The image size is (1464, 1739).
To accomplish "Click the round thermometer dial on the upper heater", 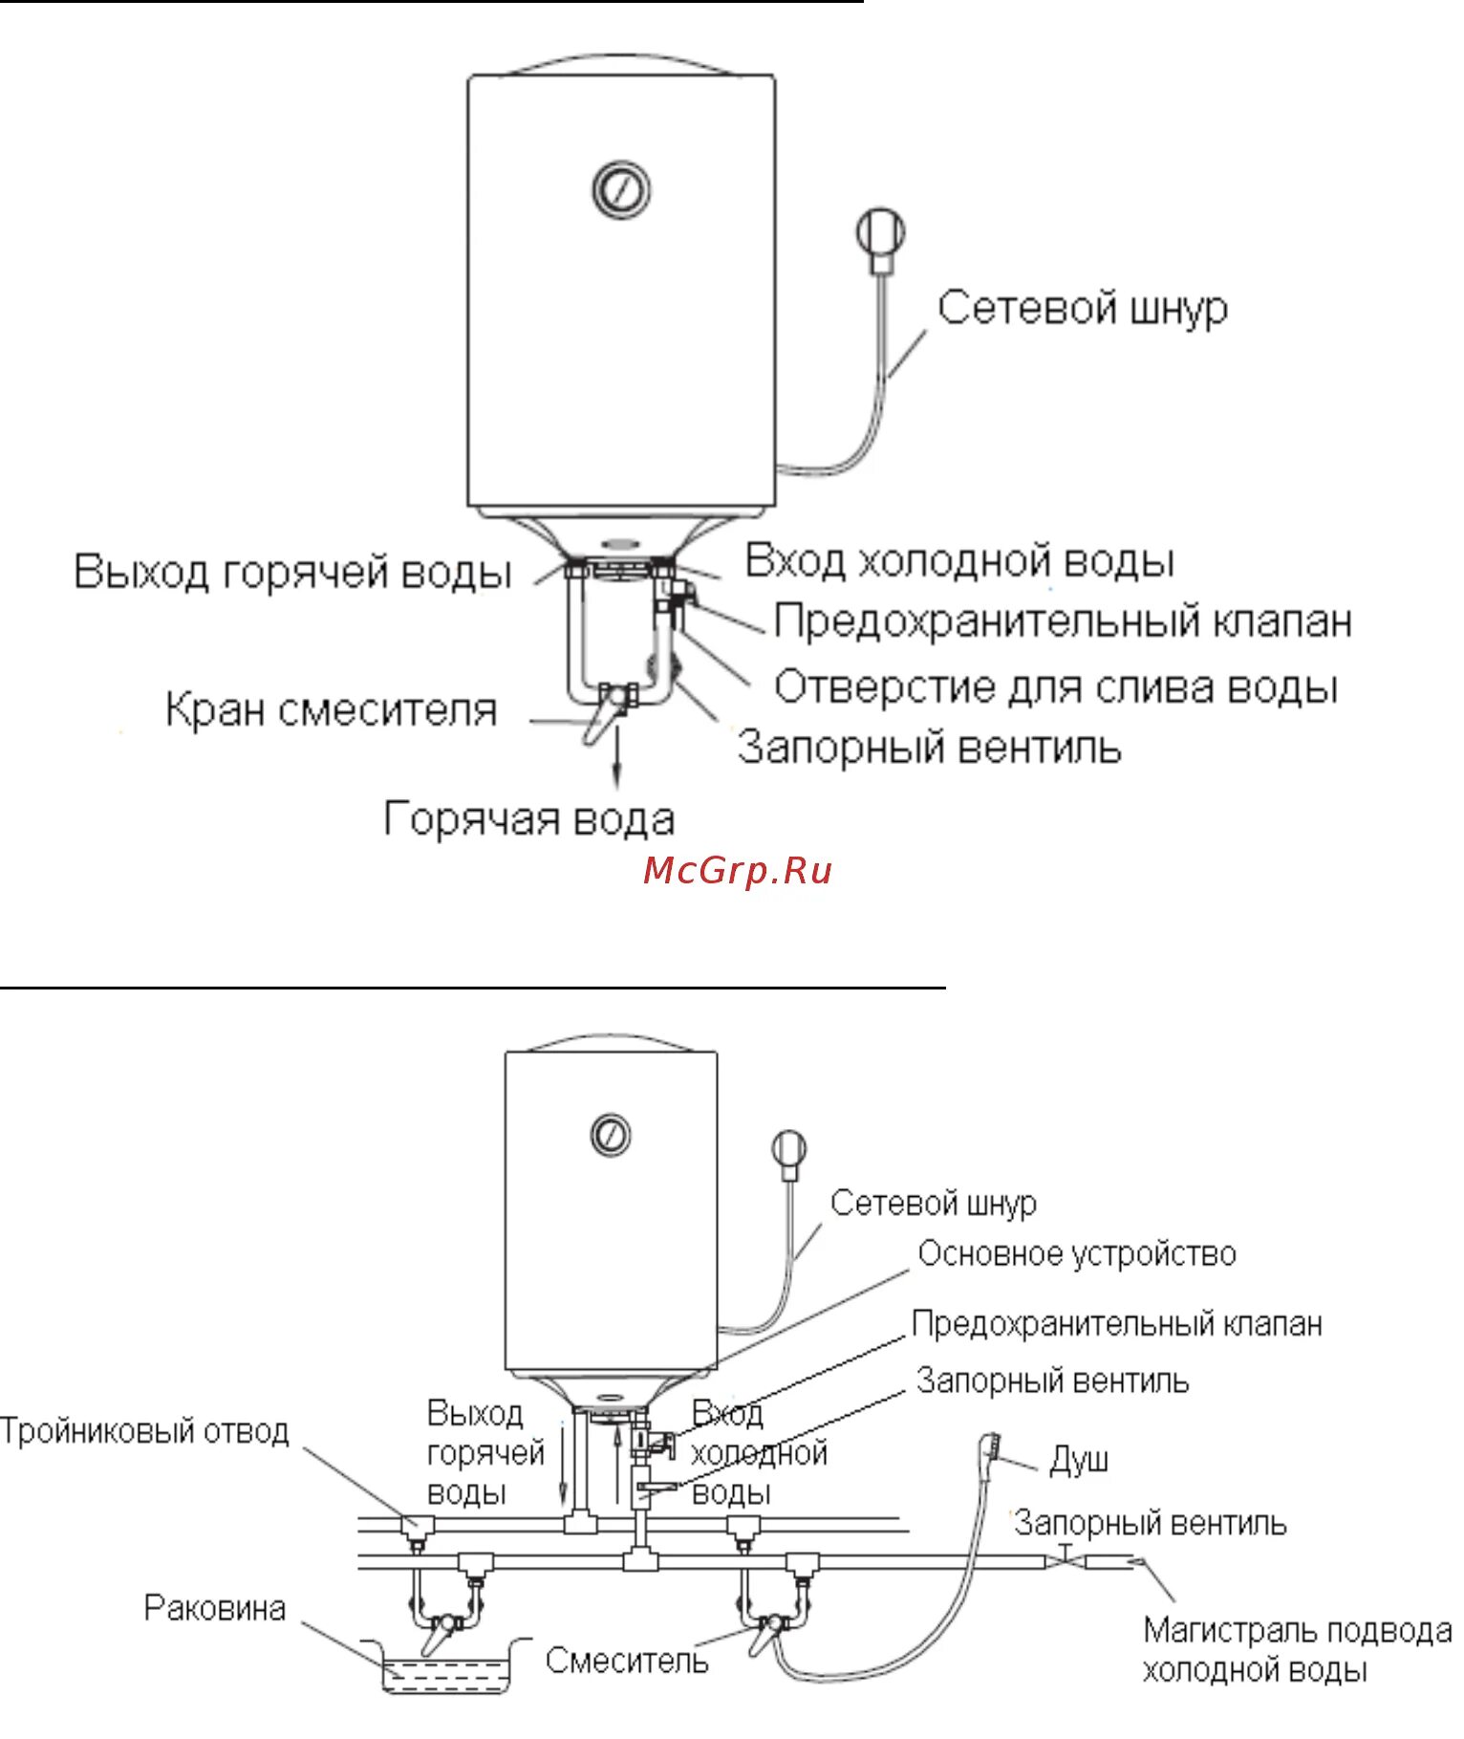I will coord(621,189).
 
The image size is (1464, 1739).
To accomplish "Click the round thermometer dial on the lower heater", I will coord(611,1134).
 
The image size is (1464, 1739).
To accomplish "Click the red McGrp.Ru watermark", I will coord(737,871).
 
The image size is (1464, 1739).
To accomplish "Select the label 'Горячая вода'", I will coord(529,819).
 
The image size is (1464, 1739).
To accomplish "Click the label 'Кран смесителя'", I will coord(331,710).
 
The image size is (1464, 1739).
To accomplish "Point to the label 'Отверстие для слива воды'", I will coord(1055,687).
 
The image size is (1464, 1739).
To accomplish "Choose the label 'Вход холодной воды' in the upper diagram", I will coord(959,561).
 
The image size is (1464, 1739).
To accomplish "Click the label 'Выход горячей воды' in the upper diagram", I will coord(292,572).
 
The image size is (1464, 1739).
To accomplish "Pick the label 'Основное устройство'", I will coord(1077,1254).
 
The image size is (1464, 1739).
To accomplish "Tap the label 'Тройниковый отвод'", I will coord(144,1431).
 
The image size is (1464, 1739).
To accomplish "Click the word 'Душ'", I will coord(1079,1461).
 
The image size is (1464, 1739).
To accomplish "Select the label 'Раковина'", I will coord(215,1608).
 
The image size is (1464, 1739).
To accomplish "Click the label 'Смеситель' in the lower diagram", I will coord(627,1661).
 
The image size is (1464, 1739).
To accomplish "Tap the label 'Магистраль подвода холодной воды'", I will coord(1296,1649).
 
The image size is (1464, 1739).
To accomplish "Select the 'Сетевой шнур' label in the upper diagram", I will coord(1082,309).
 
